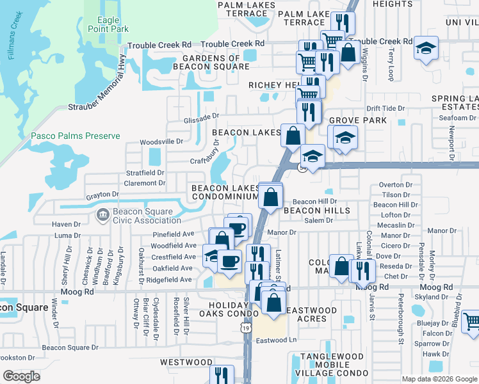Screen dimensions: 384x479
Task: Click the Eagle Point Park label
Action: pyautogui.click(x=113, y=24)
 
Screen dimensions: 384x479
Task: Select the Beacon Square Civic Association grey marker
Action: pyautogui.click(x=102, y=214)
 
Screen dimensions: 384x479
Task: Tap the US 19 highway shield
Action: pyautogui.click(x=246, y=328)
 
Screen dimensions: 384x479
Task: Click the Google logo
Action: pyautogui.click(x=21, y=376)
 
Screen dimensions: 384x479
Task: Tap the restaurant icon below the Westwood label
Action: pyautogui.click(x=222, y=375)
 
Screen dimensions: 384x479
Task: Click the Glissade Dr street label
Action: pyautogui.click(x=202, y=116)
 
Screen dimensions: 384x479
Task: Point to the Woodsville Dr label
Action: pyautogui.click(x=161, y=141)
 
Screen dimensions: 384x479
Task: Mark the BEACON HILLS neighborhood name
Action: pyautogui.click(x=316, y=211)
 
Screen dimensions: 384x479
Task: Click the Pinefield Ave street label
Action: pyautogui.click(x=172, y=234)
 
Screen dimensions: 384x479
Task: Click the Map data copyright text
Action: pyautogui.click(x=439, y=379)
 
